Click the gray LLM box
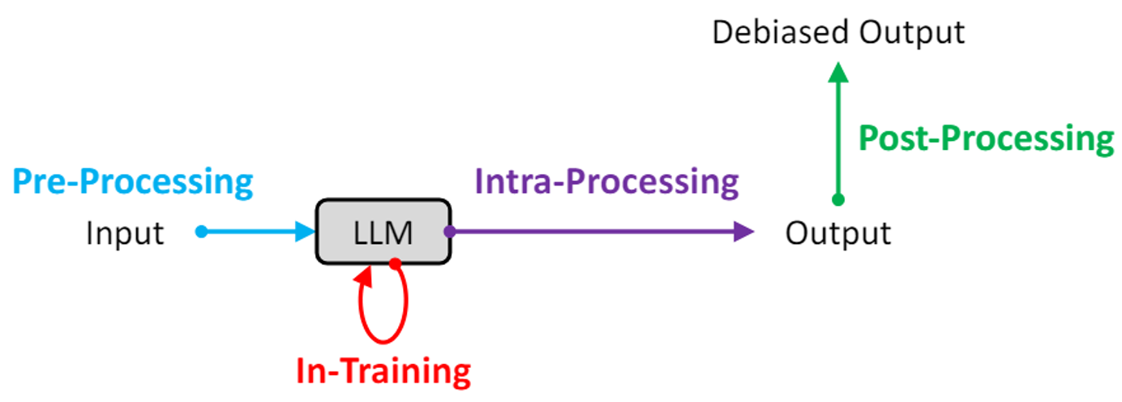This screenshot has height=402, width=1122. pos(383,232)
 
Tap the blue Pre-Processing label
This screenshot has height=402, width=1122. pos(132,182)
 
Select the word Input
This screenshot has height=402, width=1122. pos(125,233)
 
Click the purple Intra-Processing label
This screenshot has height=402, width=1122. pos(606,182)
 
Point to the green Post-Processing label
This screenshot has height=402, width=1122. pos(986,139)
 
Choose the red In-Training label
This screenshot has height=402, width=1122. pos(383,371)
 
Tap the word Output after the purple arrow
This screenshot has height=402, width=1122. pos(838,233)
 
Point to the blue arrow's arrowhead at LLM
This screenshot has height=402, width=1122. pos(306,232)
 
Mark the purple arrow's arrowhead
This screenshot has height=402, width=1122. pos(743,232)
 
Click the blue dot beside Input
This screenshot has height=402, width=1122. pos(202,232)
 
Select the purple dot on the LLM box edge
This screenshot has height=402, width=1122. pos(450,232)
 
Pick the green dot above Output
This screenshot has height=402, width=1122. pos(838,199)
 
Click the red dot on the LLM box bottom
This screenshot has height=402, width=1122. pos(395,263)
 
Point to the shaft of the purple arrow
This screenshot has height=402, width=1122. pos(592,232)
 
